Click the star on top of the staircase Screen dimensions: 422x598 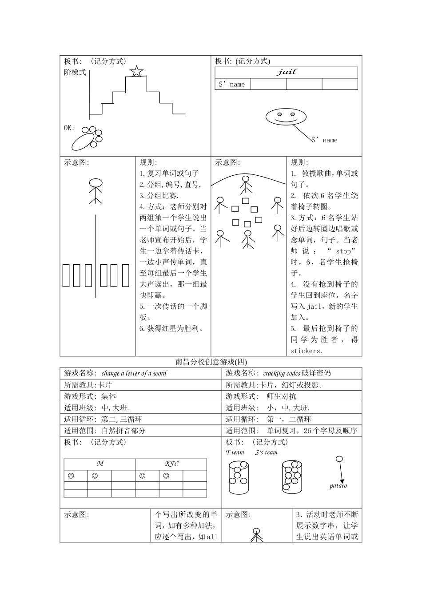pyautogui.click(x=136, y=71)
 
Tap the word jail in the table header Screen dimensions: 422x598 pyautogui.click(x=287, y=72)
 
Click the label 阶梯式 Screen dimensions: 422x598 pyautogui.click(x=75, y=73)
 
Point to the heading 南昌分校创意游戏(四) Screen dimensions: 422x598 pyautogui.click(x=211, y=362)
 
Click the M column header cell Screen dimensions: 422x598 pyautogui.click(x=100, y=464)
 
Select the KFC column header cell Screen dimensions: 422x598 pyautogui.click(x=171, y=464)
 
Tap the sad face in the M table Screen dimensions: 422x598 pyautogui.click(x=71, y=476)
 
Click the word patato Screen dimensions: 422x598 pyautogui.click(x=338, y=485)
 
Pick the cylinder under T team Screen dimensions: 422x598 pyautogui.click(x=239, y=477)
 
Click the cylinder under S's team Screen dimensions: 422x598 pyautogui.click(x=292, y=477)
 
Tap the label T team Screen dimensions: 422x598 pyautogui.click(x=235, y=453)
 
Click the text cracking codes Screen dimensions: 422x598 pyautogui.click(x=281, y=373)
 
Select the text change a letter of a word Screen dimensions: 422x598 pyautogui.click(x=134, y=373)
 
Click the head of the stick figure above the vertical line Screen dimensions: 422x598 pyautogui.click(x=96, y=183)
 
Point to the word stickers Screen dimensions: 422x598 pyautogui.click(x=305, y=351)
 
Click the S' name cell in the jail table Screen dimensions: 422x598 pyautogui.click(x=232, y=84)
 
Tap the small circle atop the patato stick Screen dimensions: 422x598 pyautogui.click(x=339, y=459)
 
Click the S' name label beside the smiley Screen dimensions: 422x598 pyautogui.click(x=324, y=140)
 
